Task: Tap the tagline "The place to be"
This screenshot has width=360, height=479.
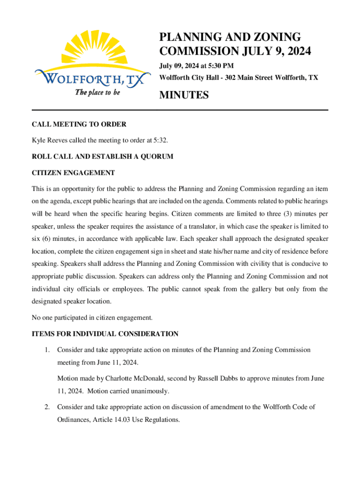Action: [x=98, y=92]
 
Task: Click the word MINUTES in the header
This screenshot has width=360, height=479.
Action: [x=184, y=95]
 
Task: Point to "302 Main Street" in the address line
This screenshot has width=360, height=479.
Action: [x=252, y=78]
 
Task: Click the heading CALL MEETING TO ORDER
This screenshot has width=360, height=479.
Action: [x=79, y=124]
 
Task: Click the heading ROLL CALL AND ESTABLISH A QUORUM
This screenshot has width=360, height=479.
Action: [x=102, y=157]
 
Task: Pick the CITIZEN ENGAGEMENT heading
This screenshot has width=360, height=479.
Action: [x=73, y=173]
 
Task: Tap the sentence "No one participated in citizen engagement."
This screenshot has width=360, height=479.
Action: [x=92, y=318]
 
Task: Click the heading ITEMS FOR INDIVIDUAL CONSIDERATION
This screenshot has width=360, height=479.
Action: [x=105, y=334]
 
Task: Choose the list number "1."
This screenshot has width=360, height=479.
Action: [x=47, y=350]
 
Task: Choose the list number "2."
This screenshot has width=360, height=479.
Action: [x=47, y=407]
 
